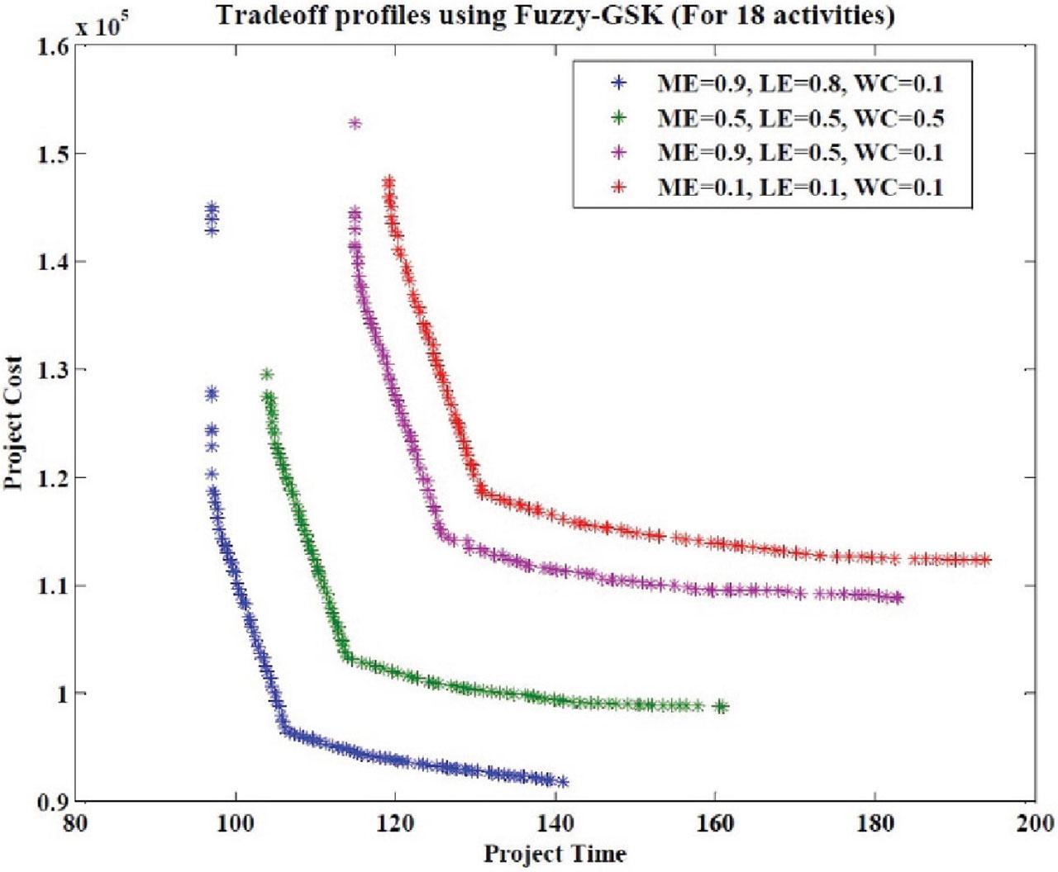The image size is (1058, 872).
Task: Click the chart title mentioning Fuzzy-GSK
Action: click(x=555, y=15)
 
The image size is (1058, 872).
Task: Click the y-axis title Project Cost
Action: click(x=14, y=423)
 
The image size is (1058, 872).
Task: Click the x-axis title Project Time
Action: click(x=555, y=853)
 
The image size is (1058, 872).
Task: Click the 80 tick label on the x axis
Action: click(x=77, y=823)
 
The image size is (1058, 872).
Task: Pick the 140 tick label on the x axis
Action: click(x=555, y=823)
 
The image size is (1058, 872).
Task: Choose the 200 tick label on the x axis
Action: click(x=1034, y=823)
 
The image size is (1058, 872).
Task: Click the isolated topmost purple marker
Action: click(x=355, y=124)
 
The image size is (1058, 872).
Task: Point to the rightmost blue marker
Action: click(x=563, y=782)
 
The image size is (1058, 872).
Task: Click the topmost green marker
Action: click(x=267, y=375)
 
